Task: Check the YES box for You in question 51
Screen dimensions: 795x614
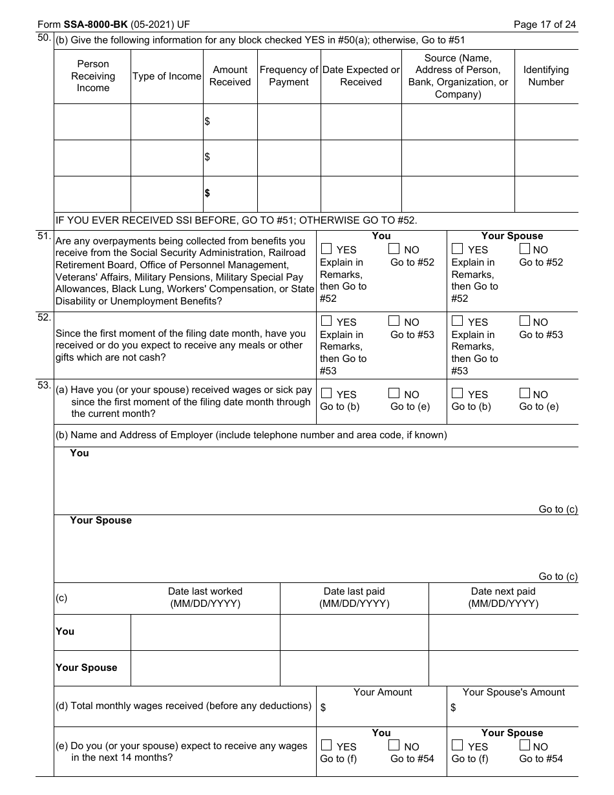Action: tap(326, 249)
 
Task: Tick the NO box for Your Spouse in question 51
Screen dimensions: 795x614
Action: tap(525, 249)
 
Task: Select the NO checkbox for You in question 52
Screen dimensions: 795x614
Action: tap(394, 321)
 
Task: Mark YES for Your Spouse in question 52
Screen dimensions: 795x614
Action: tap(458, 321)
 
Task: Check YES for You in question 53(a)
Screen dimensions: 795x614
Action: tap(326, 394)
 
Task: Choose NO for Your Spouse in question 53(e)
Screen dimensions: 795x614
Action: tap(525, 746)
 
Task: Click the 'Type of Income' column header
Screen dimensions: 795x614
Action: tap(167, 76)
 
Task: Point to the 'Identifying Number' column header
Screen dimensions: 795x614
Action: tap(546, 76)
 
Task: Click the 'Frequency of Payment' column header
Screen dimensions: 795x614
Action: tap(289, 76)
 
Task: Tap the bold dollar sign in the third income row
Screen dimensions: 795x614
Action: tap(207, 193)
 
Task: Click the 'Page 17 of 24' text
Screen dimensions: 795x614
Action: tap(544, 25)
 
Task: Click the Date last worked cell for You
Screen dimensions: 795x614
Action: tap(205, 632)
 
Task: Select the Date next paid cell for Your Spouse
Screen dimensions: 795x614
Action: tap(503, 668)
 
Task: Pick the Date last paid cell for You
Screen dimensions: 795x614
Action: tap(354, 632)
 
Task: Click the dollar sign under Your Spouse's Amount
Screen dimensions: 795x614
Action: tap(453, 708)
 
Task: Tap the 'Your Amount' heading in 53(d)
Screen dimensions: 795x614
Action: tap(382, 692)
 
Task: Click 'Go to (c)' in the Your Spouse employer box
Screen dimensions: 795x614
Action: tap(558, 577)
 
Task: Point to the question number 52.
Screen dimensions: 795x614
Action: tap(44, 317)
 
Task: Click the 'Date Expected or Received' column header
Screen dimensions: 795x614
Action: tap(361, 76)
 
